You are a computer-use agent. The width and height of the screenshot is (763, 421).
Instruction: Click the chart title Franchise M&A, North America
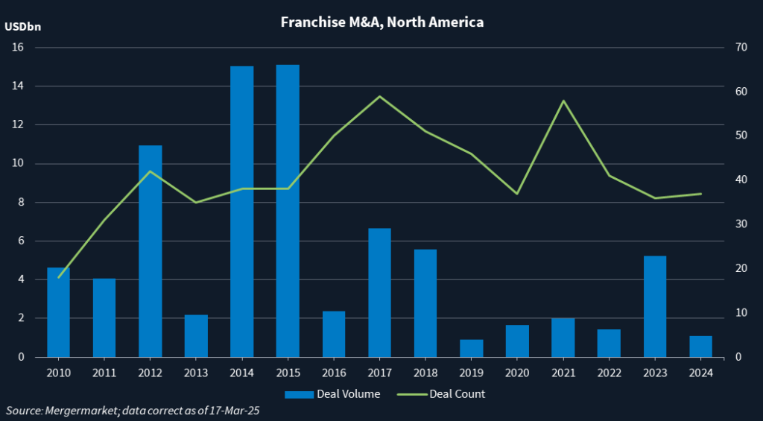click(381, 22)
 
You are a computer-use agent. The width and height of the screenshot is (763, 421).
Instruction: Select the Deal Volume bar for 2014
click(241, 212)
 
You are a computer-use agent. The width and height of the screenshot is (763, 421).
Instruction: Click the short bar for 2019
click(471, 348)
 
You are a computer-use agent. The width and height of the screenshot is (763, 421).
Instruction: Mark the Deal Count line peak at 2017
click(379, 96)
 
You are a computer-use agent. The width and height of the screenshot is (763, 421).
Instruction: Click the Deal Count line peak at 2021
click(563, 101)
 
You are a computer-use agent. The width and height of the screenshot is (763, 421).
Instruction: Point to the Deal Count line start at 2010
click(58, 277)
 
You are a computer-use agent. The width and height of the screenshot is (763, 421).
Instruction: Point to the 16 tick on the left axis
click(18, 48)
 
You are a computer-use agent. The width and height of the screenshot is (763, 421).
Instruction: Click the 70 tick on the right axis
click(740, 48)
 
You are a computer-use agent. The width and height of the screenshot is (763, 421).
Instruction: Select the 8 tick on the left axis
click(21, 203)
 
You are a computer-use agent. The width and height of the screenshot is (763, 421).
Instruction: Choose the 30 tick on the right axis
click(740, 224)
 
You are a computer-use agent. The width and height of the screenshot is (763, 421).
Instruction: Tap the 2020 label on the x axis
click(516, 373)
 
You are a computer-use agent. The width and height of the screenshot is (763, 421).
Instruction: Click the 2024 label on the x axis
click(700, 373)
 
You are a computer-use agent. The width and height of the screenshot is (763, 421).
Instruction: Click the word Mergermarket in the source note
click(78, 411)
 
